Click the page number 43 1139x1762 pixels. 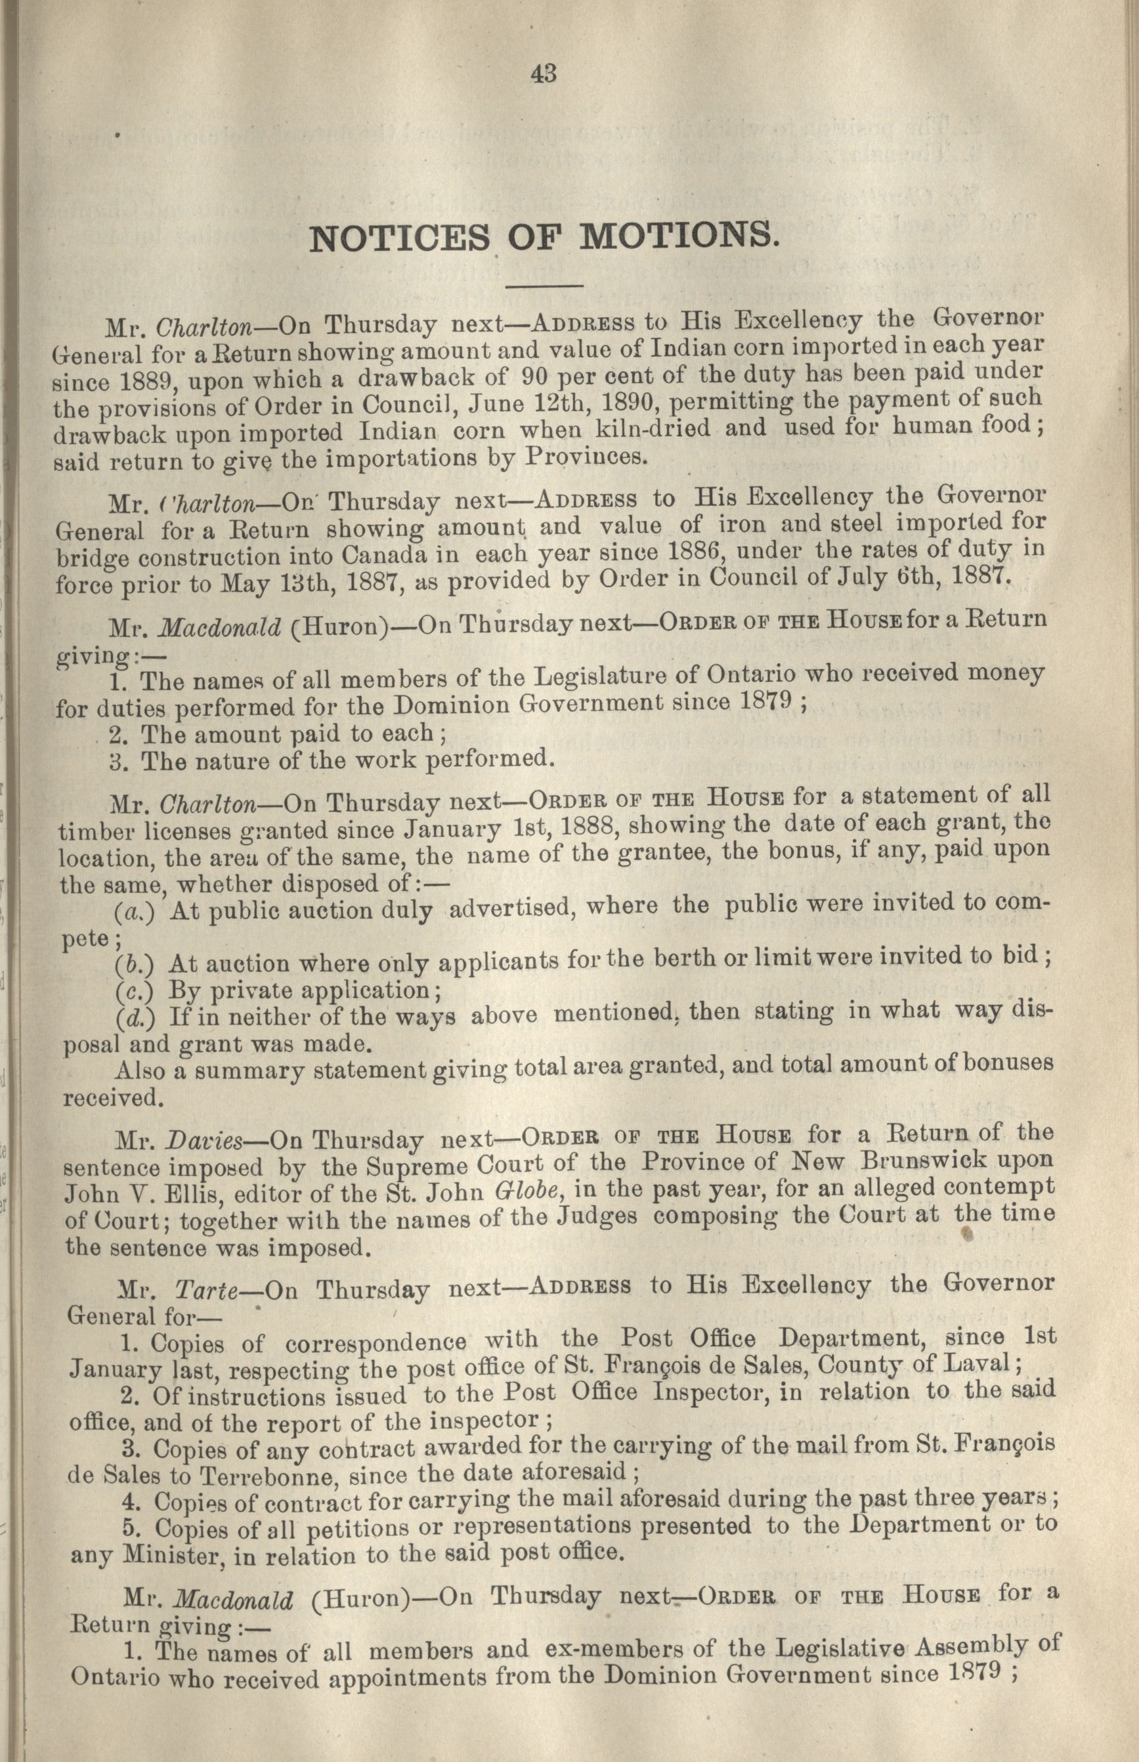click(x=543, y=74)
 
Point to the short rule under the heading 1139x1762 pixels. click(x=544, y=286)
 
